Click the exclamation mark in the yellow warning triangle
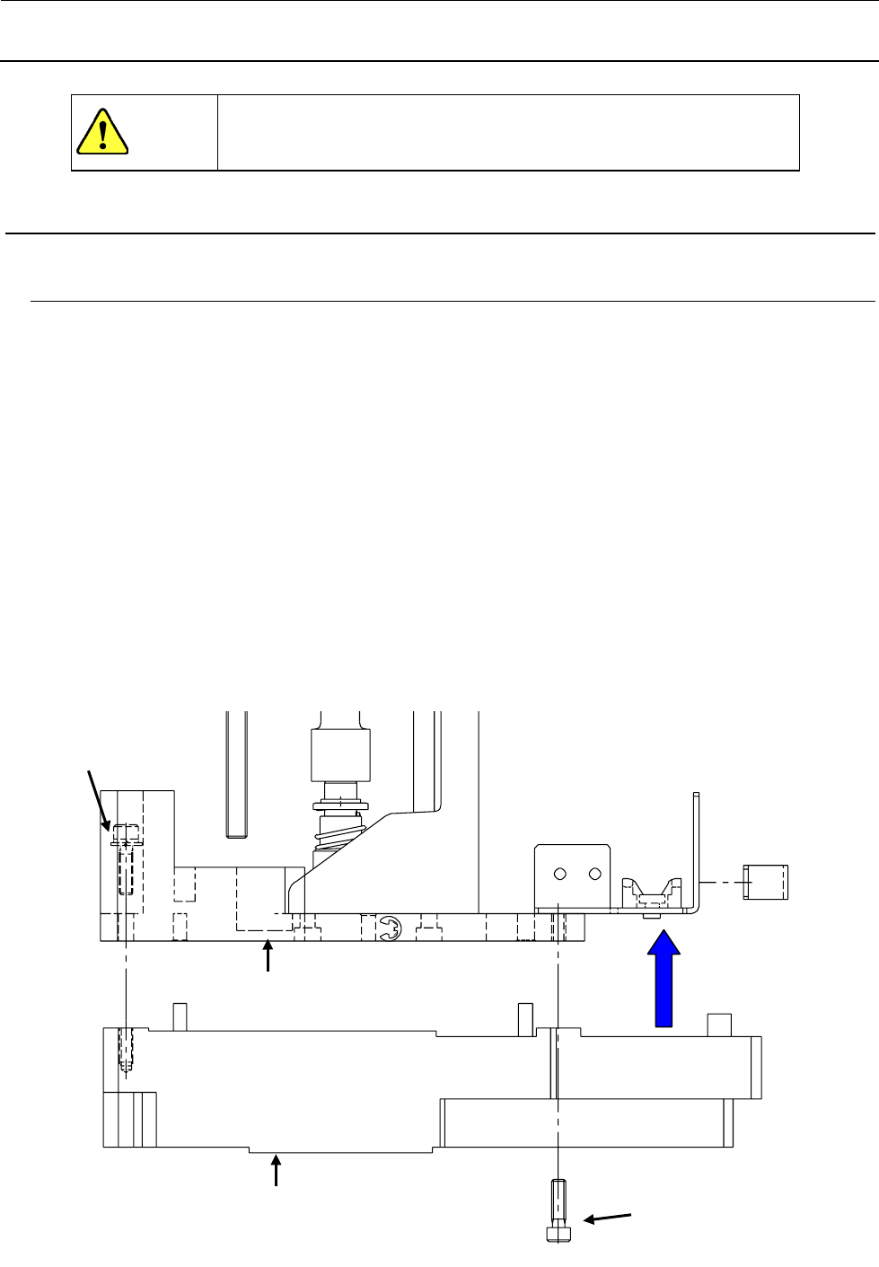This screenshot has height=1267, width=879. (x=102, y=131)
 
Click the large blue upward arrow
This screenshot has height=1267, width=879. (x=664, y=979)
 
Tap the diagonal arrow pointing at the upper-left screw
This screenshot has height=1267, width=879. (x=98, y=798)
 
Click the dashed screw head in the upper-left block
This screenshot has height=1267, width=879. (x=125, y=835)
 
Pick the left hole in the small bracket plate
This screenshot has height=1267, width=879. (x=559, y=874)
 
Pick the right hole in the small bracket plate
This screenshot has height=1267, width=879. (x=593, y=874)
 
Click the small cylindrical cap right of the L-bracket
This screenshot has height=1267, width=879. (x=766, y=882)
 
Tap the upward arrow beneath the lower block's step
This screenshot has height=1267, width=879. (x=277, y=1173)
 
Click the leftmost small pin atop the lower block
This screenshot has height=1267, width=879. (x=179, y=1016)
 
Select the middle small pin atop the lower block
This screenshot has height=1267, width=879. (x=525, y=1016)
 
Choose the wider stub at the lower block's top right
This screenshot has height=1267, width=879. (x=719, y=1025)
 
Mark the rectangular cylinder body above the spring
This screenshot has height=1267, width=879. (x=339, y=755)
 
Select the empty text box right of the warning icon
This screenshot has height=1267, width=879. (x=508, y=132)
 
